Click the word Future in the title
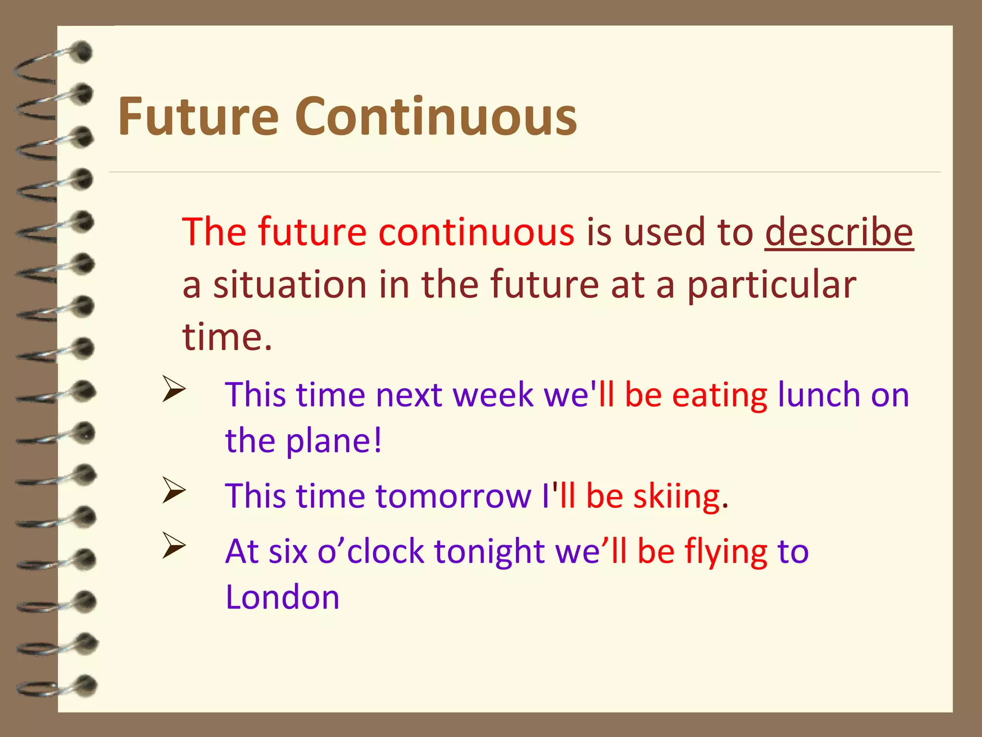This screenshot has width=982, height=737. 198,117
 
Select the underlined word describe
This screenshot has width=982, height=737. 839,232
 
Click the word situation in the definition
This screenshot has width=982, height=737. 290,285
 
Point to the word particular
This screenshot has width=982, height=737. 772,285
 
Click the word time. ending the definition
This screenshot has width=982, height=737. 227,337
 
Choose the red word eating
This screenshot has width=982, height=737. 719,395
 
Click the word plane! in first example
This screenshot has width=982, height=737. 334,440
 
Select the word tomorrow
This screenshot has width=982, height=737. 453,496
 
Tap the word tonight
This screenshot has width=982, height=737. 489,552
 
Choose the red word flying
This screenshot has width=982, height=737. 725,552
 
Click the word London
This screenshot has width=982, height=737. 282,597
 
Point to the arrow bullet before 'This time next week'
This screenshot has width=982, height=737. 174,389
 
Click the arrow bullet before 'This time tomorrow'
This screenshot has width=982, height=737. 174,490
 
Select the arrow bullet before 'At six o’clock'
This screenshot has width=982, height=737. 174,546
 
